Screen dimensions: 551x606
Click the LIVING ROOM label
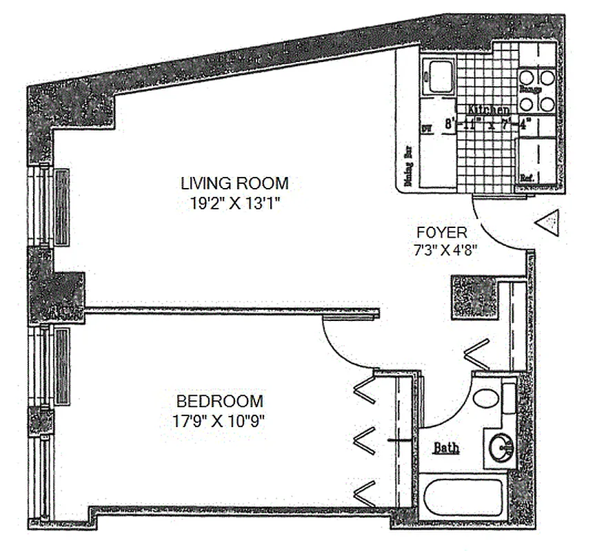(234, 183)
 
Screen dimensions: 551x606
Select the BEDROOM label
(219, 401)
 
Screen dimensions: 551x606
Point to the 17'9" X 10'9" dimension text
(219, 421)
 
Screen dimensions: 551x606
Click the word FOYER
(442, 232)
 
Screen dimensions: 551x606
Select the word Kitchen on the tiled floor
(489, 110)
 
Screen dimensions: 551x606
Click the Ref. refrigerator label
(528, 178)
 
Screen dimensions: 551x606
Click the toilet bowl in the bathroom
(486, 399)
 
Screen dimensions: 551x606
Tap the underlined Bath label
(446, 448)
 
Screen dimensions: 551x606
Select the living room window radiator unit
(61, 207)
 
